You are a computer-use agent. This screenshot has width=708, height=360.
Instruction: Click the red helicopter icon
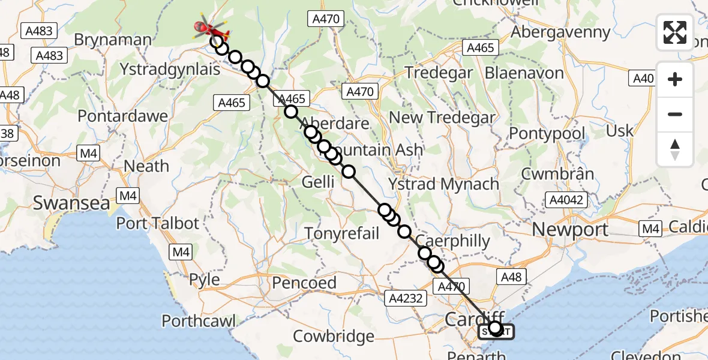point(211,28)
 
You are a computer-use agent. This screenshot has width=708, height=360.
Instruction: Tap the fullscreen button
point(675,32)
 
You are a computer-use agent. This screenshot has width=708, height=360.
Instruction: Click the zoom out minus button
point(675,114)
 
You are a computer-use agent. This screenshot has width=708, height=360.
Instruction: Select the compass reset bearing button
point(675,149)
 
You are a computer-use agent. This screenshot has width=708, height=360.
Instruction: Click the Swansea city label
point(71,203)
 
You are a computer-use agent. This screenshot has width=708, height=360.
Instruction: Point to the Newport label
point(570,229)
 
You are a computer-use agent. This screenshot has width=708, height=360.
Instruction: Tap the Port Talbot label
point(157,223)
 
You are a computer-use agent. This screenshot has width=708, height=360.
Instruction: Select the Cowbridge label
point(334,336)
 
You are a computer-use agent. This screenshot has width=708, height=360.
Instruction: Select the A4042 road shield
point(565,200)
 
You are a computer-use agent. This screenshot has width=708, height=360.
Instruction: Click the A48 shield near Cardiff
point(511,276)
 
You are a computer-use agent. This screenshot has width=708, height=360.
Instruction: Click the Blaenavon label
point(524,73)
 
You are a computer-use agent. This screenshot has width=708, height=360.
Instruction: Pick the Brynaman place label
point(113,40)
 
